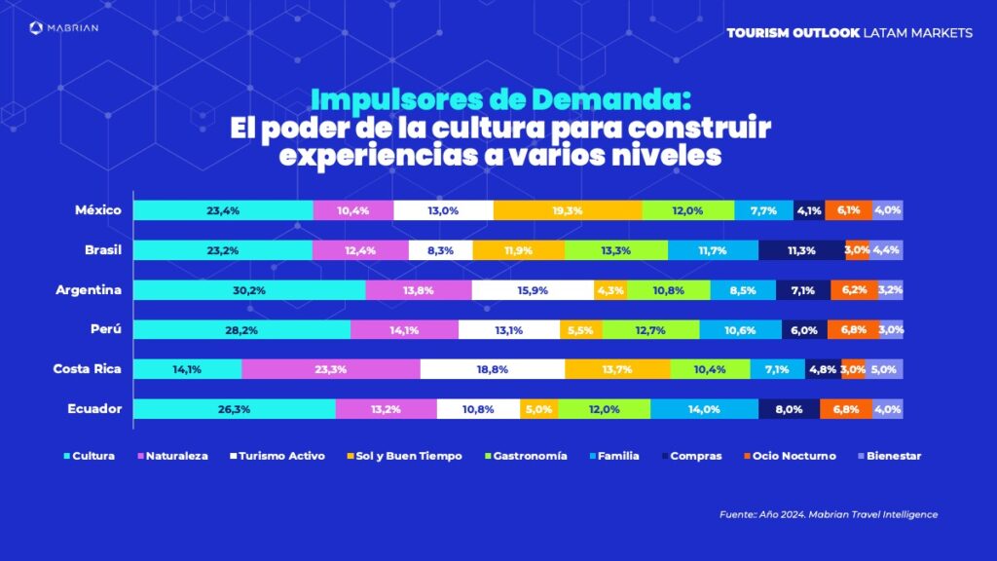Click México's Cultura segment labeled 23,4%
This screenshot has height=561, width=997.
[223, 210]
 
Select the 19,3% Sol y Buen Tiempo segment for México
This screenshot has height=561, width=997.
[568, 210]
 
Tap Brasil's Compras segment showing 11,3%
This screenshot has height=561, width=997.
[801, 250]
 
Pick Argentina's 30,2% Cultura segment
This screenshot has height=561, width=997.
[249, 290]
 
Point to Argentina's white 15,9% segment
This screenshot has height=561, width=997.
[533, 290]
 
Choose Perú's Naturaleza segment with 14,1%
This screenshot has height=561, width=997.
[404, 330]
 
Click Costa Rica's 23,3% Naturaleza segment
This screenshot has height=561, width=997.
[331, 369]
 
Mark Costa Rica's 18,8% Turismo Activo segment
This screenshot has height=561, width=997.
[493, 369]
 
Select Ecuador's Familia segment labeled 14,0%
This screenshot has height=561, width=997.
[705, 409]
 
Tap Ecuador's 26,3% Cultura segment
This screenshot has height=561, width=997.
[235, 409]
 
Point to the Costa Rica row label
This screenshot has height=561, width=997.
[87, 369]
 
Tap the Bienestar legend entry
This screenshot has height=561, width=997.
[888, 455]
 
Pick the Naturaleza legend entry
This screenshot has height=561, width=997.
[176, 455]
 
